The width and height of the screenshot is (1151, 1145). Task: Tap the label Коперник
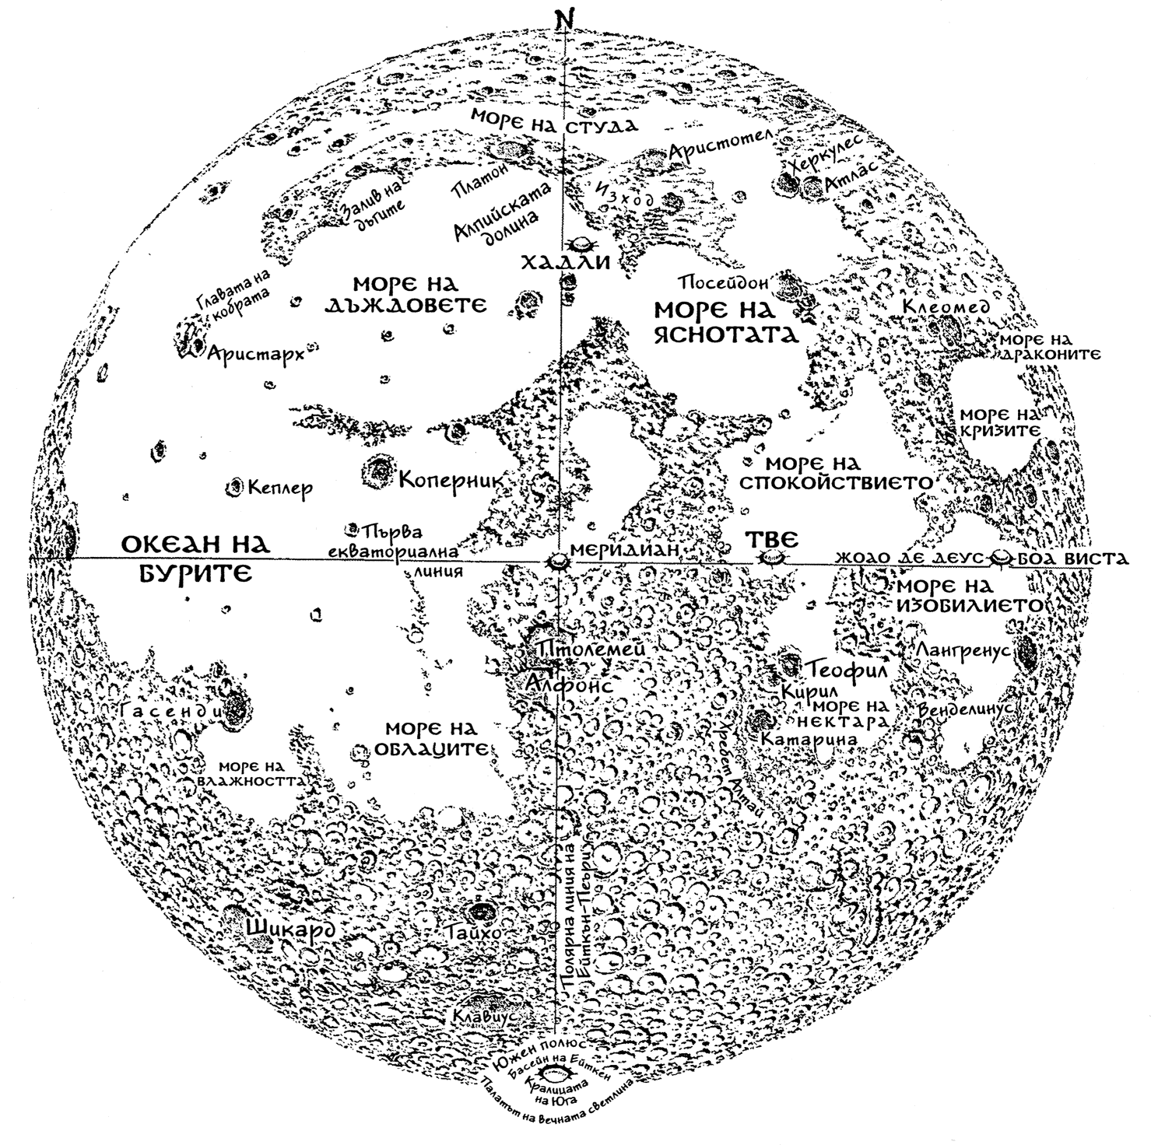tap(447, 478)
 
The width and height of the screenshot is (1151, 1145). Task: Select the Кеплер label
tap(281, 488)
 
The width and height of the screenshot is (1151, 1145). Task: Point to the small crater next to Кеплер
tap(233, 488)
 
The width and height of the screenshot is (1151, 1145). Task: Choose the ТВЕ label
tap(771, 538)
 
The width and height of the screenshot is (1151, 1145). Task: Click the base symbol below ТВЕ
tap(770, 558)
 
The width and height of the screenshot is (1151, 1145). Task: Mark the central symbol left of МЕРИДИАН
tap(558, 559)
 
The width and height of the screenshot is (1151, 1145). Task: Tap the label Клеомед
tap(946, 307)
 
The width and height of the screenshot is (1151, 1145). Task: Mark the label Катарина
tap(809, 738)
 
